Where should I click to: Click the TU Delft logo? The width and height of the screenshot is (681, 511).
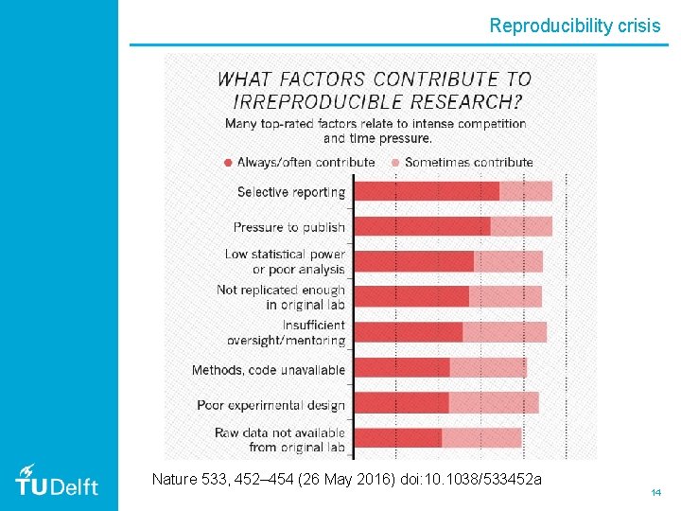tap(57, 482)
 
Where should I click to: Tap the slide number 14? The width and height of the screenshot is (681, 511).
tap(655, 493)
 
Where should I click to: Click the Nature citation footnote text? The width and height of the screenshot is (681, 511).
tap(346, 480)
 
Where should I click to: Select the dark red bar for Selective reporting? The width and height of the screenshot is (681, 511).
tap(426, 191)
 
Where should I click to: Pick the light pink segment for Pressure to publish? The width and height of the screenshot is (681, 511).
tap(521, 227)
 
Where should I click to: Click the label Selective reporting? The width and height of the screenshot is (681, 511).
tap(290, 192)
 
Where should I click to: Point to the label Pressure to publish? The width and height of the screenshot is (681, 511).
tap(288, 227)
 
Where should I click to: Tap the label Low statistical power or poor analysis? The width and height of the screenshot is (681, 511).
tap(285, 262)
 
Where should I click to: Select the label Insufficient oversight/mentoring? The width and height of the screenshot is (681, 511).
tap(287, 332)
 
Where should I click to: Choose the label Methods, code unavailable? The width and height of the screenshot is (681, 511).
tap(269, 370)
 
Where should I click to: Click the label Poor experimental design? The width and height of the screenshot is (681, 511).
tap(271, 405)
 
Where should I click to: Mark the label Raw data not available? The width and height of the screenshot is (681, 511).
tap(280, 440)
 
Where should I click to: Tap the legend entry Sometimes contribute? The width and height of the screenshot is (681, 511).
tap(468, 162)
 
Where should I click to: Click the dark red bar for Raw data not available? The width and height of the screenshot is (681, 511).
tap(397, 438)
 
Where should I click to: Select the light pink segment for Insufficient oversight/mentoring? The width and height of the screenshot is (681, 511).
tap(504, 332)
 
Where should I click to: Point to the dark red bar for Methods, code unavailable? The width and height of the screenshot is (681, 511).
tap(401, 368)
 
